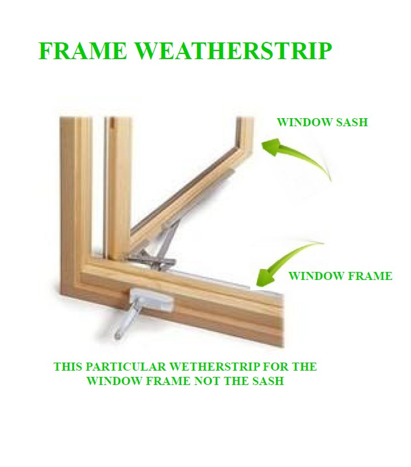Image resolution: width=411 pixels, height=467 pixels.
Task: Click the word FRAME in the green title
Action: point(83,50)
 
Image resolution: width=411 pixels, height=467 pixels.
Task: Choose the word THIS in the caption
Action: point(68,367)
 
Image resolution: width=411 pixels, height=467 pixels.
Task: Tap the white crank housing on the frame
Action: point(153,301)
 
